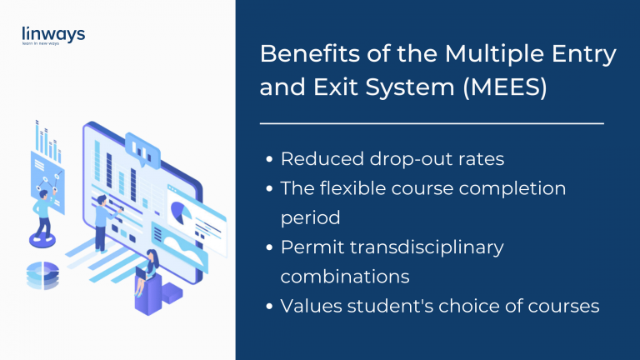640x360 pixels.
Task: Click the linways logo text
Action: pyautogui.click(x=54, y=33)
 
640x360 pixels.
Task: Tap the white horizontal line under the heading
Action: pyautogui.click(x=432, y=123)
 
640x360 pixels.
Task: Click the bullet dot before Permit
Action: pyautogui.click(x=269, y=248)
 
